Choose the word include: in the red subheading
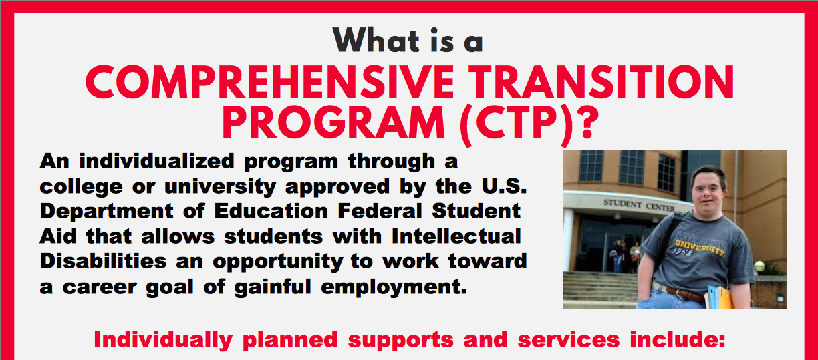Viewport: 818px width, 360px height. coord(677,339)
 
